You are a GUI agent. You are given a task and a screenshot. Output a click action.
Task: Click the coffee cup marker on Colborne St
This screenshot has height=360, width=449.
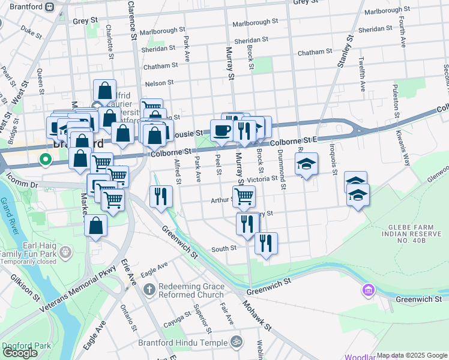click(221, 130)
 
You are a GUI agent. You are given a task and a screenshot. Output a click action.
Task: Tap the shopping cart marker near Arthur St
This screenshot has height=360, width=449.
click(244, 196)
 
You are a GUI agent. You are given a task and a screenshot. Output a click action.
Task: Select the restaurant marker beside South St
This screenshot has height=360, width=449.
click(265, 243)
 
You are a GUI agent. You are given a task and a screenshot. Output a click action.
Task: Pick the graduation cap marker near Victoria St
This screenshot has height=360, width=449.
click(306, 164)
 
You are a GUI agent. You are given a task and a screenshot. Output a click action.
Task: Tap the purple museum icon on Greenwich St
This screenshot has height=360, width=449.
click(368, 292)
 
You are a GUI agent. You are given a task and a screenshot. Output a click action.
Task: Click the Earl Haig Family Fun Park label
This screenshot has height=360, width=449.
click(34, 254)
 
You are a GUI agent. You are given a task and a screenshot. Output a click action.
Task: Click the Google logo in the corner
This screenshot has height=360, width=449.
click(20, 353)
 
